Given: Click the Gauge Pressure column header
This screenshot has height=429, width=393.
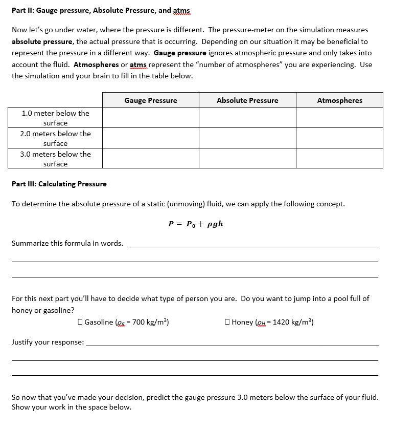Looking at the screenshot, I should [x=150, y=100].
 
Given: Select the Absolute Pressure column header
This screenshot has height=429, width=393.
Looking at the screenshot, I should [x=247, y=100].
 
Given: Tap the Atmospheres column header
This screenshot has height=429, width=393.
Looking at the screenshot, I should [x=339, y=100].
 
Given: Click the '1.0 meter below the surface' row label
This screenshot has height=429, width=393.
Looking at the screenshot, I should [x=55, y=118].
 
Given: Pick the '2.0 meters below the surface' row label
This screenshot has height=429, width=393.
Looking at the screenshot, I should [x=55, y=138].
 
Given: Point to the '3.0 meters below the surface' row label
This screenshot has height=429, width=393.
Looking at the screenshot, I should [x=55, y=159].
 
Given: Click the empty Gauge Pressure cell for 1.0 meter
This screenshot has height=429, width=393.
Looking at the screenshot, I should [x=150, y=118].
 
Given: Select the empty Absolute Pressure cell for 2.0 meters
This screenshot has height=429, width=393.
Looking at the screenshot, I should [x=247, y=138].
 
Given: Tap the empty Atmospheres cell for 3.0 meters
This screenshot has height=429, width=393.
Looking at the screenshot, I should [x=339, y=159].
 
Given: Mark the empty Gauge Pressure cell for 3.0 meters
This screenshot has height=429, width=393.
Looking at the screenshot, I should [x=150, y=159].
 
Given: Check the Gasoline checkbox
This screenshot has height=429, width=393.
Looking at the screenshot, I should [x=81, y=322].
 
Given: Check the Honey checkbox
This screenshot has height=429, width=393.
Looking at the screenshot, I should [x=228, y=322].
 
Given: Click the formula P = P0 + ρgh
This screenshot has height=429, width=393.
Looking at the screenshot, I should [x=196, y=224].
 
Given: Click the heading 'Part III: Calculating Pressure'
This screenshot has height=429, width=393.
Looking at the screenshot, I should [x=59, y=184].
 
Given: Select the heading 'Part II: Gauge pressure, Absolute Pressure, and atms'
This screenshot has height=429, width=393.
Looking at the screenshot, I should [x=101, y=10].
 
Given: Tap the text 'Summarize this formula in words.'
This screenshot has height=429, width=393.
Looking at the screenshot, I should [x=67, y=243].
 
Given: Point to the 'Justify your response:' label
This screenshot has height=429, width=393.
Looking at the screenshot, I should [x=48, y=342].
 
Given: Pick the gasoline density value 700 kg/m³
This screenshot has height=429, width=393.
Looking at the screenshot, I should [x=149, y=322].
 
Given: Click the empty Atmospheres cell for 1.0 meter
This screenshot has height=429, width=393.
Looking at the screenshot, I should [x=339, y=118].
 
